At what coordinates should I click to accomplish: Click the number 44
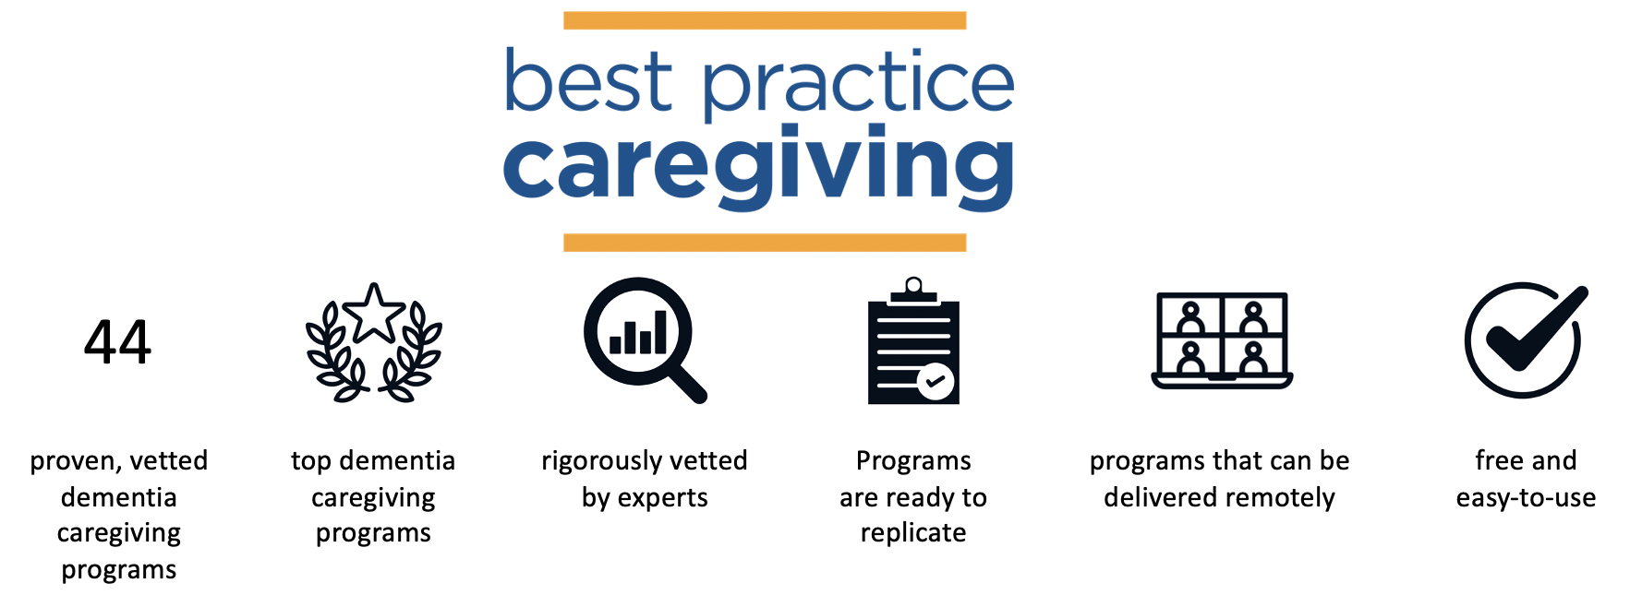tap(117, 341)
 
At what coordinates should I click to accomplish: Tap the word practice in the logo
tap(858, 85)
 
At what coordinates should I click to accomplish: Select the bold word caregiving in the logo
tap(758, 166)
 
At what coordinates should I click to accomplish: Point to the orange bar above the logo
tap(765, 20)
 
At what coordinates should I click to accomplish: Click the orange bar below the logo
tap(765, 243)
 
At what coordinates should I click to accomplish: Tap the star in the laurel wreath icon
tap(374, 313)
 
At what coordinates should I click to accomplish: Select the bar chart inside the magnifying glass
tap(638, 334)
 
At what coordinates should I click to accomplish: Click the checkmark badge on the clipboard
tap(936, 381)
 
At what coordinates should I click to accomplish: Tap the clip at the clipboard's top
tap(913, 290)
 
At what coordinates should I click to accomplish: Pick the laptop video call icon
tap(1222, 340)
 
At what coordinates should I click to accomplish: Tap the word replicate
tap(913, 533)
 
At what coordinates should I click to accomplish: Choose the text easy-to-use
tap(1526, 498)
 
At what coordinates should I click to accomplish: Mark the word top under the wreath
tap(310, 461)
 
